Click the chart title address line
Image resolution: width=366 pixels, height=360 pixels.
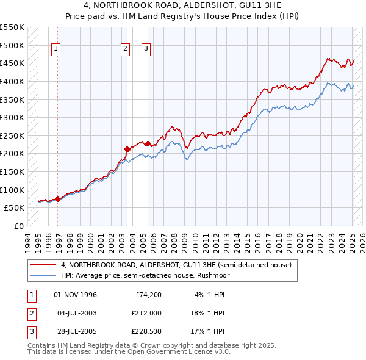click(x=182, y=6)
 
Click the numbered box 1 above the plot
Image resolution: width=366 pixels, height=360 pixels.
click(x=56, y=49)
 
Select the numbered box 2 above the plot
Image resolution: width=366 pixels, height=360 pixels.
click(x=125, y=49)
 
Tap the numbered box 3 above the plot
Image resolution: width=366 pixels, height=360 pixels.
click(x=146, y=49)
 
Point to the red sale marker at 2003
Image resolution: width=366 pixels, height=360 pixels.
click(x=127, y=149)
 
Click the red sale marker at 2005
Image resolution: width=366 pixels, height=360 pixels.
click(x=148, y=143)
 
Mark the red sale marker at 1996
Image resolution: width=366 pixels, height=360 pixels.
click(x=58, y=198)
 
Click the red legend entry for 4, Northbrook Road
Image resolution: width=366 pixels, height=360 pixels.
click(x=176, y=265)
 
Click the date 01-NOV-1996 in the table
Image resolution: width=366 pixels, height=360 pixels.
click(x=76, y=295)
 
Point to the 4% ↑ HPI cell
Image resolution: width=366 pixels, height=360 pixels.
click(x=210, y=295)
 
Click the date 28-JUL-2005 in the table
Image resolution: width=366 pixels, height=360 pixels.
click(x=76, y=331)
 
